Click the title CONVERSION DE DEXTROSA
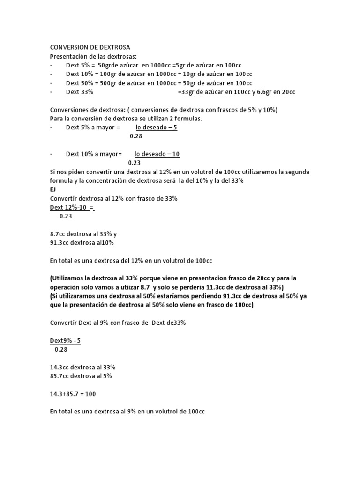pos(90,47)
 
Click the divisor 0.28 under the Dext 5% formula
pos(135,136)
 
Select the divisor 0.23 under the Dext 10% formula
pos(134,163)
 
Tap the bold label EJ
pos(52,189)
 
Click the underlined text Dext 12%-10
pos(69,207)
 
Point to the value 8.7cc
pos(58,234)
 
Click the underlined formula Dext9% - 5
pos(65,341)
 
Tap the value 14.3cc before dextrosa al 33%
pos(60,367)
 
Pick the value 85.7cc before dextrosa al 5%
pos(60,376)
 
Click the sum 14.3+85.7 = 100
pos(73,394)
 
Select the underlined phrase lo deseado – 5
pos(157,127)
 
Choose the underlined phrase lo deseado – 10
pos(157,154)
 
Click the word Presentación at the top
pos(69,56)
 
